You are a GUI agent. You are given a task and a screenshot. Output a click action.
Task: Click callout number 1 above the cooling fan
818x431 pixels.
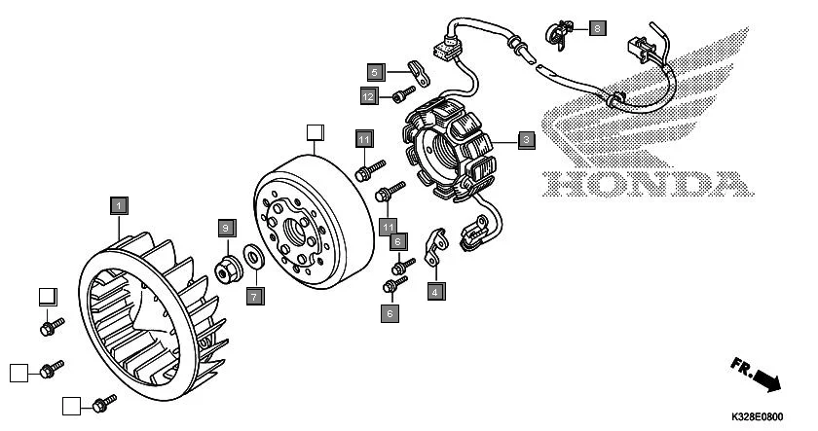pos(117,205)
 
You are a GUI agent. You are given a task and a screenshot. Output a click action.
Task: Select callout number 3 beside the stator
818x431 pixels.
pos(525,140)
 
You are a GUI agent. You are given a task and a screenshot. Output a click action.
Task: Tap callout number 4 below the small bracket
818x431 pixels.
pos(435,290)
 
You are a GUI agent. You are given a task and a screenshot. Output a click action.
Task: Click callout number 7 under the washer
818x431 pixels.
pos(252,295)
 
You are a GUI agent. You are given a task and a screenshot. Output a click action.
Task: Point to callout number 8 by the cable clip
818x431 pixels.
pos(596,28)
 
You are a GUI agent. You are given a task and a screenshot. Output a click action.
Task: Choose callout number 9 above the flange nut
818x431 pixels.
pos(225,228)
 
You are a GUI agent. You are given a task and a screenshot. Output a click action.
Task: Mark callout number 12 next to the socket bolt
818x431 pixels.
pos(368,96)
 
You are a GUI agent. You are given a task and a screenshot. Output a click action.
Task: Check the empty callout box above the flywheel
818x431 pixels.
pos(314,131)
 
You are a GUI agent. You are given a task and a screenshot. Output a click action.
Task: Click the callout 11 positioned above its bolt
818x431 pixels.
pos(363,139)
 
